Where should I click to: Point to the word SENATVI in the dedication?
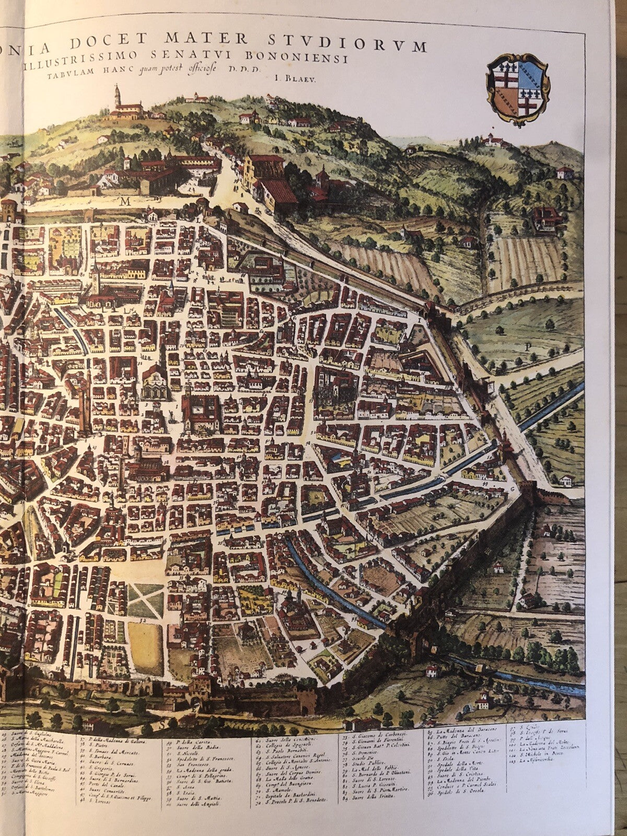(237, 57)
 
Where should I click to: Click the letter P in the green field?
(528, 345)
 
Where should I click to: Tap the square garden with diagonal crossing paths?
(146, 599)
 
